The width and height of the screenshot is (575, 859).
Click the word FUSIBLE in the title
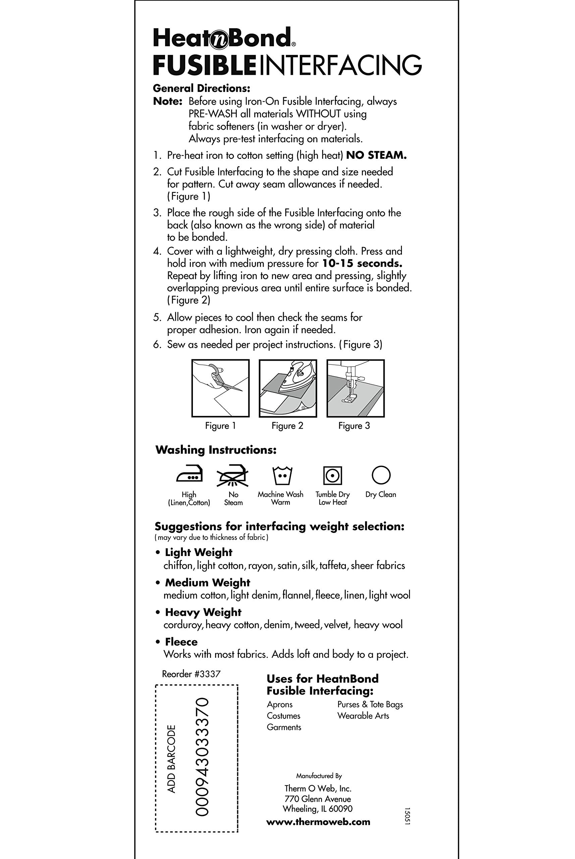pos(204,65)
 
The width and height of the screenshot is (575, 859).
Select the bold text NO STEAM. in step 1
pos(376,155)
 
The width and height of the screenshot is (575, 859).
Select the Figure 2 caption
pos(287,426)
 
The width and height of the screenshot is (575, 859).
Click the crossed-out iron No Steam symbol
pos(233,476)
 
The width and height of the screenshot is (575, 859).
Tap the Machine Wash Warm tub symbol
pos(282,476)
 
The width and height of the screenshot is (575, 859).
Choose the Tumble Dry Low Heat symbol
pos(332,476)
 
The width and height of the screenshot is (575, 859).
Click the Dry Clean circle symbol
pos(381,475)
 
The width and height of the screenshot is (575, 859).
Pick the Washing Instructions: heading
pos(216,450)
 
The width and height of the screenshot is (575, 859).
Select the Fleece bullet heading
pos(181,642)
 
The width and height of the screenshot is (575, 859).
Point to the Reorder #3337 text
pos(191,674)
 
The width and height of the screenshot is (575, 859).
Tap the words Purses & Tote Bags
pos(370,704)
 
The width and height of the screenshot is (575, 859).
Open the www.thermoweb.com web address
pos(318,822)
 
